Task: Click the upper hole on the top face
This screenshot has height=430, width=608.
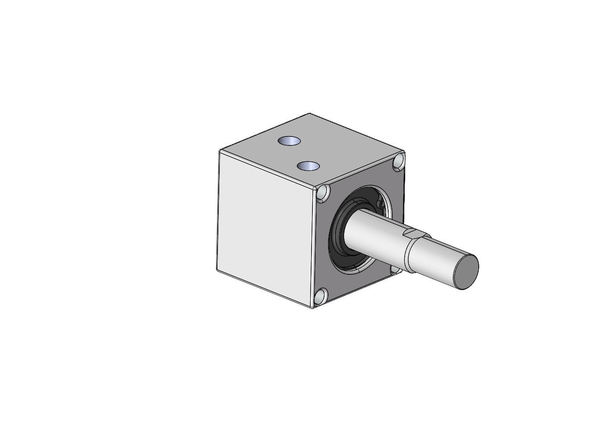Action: pyautogui.click(x=289, y=141)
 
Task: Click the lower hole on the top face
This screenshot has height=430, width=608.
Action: pyautogui.click(x=308, y=166)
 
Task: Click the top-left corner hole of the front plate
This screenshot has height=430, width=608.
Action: pyautogui.click(x=323, y=192)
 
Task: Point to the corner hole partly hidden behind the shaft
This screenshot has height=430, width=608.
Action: pyautogui.click(x=395, y=269)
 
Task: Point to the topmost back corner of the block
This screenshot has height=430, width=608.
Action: pyautogui.click(x=309, y=114)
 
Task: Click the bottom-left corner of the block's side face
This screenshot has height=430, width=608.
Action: pyautogui.click(x=217, y=270)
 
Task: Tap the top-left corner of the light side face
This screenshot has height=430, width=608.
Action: pyautogui.click(x=220, y=151)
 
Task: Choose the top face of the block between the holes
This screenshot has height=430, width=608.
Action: pyautogui.click(x=299, y=154)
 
